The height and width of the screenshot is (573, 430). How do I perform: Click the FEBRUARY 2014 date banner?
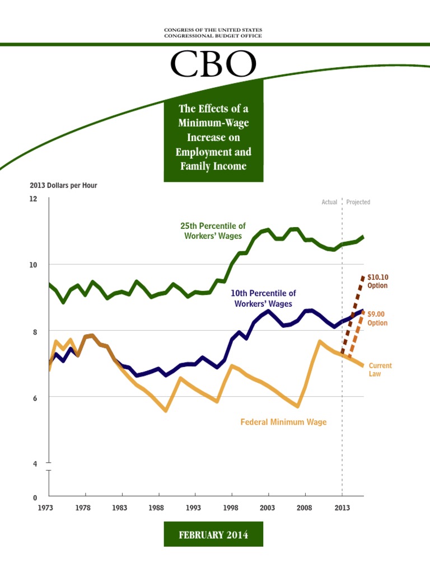(x=213, y=535)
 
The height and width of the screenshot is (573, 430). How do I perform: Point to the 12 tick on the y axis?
(x=33, y=199)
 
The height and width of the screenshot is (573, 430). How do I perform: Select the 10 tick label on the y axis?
(x=33, y=265)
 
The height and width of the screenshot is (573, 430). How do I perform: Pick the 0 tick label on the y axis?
(x=35, y=497)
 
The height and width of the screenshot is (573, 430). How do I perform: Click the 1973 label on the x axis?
(x=49, y=508)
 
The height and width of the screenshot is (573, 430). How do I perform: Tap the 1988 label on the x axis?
(x=158, y=508)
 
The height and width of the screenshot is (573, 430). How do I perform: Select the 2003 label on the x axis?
(x=268, y=508)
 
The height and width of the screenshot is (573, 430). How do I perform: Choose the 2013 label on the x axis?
(x=342, y=508)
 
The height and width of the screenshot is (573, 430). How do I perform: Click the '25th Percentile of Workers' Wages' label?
(x=213, y=231)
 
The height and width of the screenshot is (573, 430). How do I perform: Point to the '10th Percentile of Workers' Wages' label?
(x=263, y=298)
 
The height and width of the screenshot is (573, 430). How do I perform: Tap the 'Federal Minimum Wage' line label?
(x=283, y=422)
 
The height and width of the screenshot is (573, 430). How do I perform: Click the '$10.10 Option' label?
(x=377, y=281)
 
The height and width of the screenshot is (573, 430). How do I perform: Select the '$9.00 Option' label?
(x=377, y=318)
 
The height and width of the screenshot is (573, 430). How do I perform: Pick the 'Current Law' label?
(x=380, y=369)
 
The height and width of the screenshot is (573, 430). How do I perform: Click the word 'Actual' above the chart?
(x=329, y=202)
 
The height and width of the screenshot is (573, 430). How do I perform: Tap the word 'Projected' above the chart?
(x=358, y=202)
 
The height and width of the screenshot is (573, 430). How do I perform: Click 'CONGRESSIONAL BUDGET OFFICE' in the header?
(x=213, y=36)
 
